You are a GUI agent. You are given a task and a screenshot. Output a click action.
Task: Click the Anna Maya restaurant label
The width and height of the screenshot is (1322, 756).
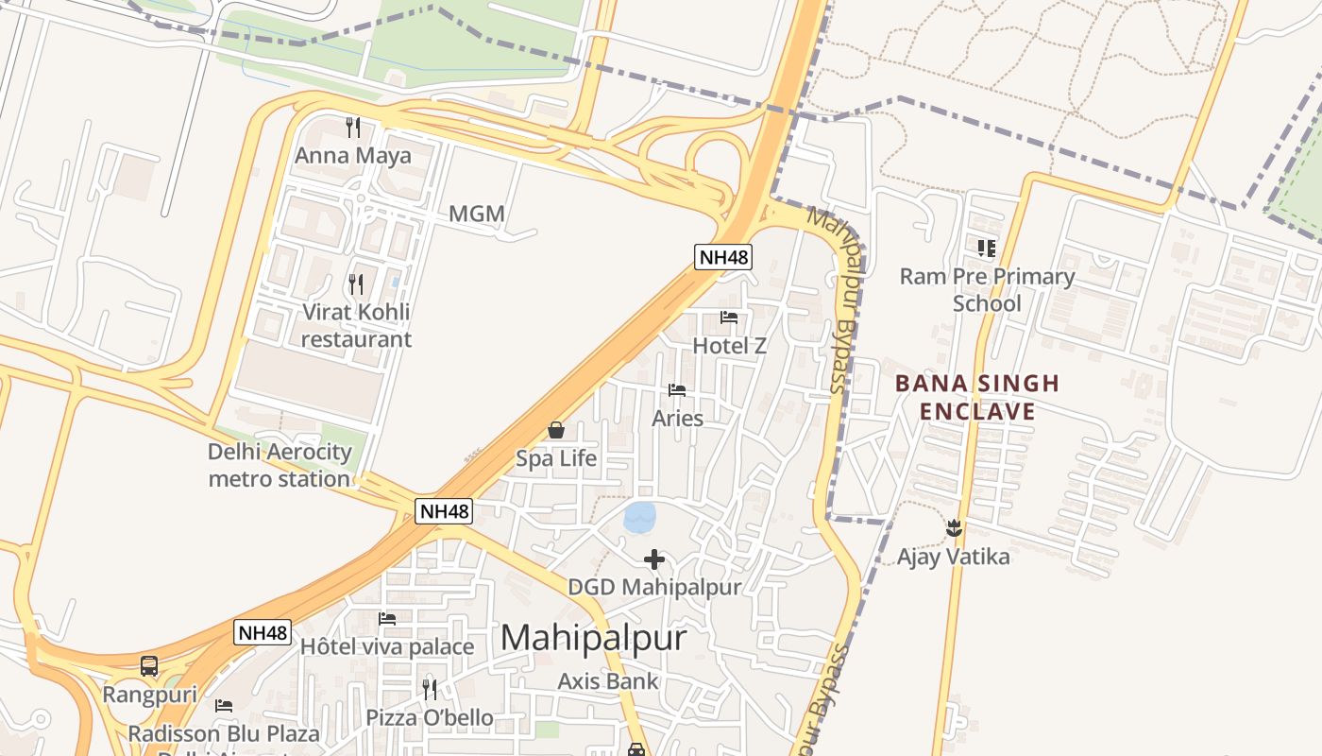pyautogui.click(x=353, y=155)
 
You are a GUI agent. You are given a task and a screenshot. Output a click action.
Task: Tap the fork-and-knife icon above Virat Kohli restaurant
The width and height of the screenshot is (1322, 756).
pyautogui.click(x=355, y=283)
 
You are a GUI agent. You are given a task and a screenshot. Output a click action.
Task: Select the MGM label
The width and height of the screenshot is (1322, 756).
pyautogui.click(x=476, y=215)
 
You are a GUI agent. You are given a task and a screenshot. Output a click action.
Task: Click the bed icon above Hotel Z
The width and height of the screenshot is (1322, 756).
pyautogui.click(x=729, y=318)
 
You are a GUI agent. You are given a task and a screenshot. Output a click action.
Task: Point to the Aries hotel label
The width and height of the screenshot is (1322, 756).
pyautogui.click(x=677, y=418)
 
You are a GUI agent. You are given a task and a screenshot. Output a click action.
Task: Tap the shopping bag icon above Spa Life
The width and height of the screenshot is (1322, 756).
pyautogui.click(x=556, y=431)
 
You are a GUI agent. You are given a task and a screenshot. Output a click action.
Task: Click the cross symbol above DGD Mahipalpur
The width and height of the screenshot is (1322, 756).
pyautogui.click(x=653, y=559)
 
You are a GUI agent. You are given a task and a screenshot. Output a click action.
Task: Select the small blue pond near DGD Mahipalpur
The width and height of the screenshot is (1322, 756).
pyautogui.click(x=639, y=517)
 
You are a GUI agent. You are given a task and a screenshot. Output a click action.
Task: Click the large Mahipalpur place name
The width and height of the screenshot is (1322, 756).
pyautogui.click(x=593, y=638)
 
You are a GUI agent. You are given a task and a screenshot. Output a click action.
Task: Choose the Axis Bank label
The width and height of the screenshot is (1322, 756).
pyautogui.click(x=607, y=680)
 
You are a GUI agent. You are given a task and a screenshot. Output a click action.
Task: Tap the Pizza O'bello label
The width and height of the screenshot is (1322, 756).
pyautogui.click(x=430, y=718)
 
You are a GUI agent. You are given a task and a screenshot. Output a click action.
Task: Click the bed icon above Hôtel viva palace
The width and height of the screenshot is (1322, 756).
pyautogui.click(x=387, y=619)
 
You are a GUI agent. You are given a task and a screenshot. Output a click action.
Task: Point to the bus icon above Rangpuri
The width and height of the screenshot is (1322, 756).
pyautogui.click(x=149, y=666)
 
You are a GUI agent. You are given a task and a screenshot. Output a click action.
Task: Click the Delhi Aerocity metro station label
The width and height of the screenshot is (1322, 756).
pyautogui.click(x=280, y=465)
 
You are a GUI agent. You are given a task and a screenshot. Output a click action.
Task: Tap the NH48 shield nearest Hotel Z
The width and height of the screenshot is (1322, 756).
pyautogui.click(x=723, y=256)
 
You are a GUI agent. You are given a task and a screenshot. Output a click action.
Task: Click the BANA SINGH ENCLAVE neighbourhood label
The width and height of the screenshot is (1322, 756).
pyautogui.click(x=977, y=398)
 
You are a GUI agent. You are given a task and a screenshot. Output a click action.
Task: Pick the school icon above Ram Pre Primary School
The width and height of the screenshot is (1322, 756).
pyautogui.click(x=987, y=249)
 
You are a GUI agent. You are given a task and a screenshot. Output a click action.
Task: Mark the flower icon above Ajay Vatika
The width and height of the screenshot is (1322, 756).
pyautogui.click(x=953, y=527)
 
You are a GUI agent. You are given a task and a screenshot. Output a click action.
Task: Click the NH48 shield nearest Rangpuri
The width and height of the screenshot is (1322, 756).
pyautogui.click(x=263, y=632)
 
